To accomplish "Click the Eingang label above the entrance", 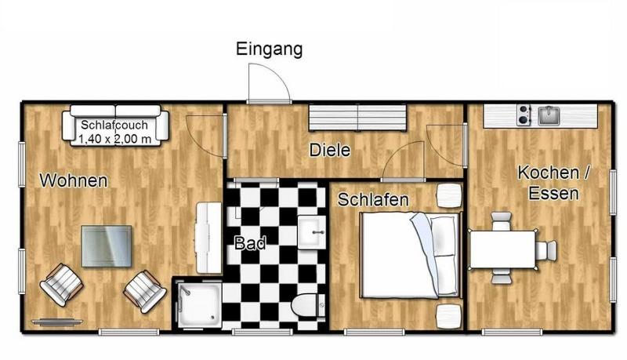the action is [269, 49].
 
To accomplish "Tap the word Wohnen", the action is [74, 180].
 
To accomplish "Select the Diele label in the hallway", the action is [330, 150].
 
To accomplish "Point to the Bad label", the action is [250, 243].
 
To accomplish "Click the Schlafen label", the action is [373, 199].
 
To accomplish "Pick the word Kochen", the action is [548, 173].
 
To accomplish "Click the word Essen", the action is [553, 193].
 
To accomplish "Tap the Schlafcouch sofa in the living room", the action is [115, 125].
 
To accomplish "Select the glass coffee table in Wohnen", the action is [107, 246].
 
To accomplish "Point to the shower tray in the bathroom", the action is [199, 304].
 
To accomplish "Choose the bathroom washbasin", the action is [311, 232].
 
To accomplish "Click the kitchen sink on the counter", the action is [549, 115].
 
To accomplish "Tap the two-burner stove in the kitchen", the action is [524, 115].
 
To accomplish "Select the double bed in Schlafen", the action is [411, 255].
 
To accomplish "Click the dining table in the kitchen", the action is [502, 249].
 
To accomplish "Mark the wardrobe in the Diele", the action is [357, 118].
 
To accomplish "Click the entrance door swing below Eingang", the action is [268, 83].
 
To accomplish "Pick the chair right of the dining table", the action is [546, 249].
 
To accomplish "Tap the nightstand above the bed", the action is [449, 195].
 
